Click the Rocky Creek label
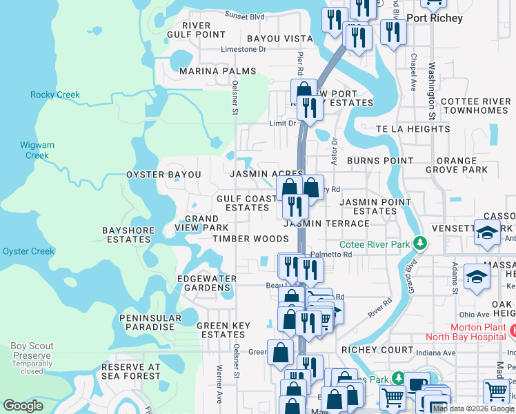[x=55, y=95]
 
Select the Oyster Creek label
[x=28, y=251]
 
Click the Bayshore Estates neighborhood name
[x=126, y=235]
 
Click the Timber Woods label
[x=250, y=239]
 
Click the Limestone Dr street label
[x=243, y=50]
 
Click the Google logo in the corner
[x=23, y=406]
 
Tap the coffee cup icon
[x=416, y=384]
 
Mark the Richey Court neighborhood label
[x=377, y=350]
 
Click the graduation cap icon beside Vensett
[x=487, y=233]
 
